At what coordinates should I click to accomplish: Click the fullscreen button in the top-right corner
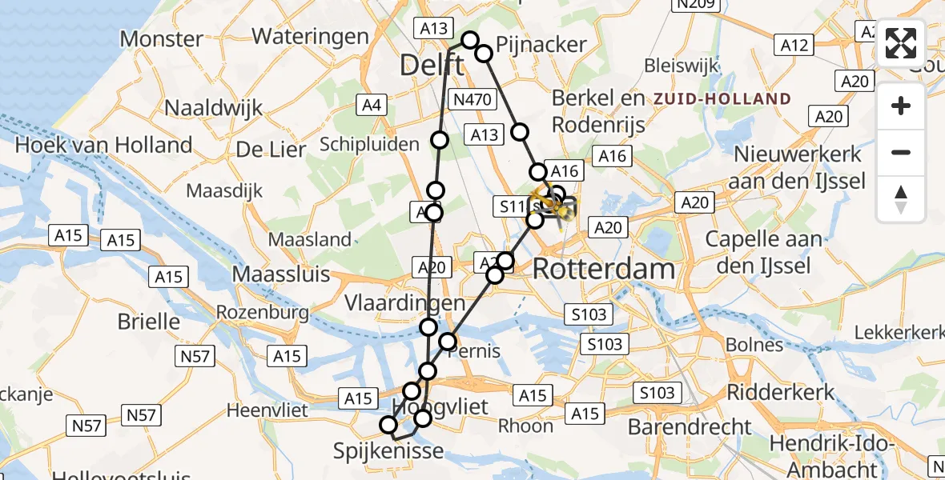[x=902, y=44]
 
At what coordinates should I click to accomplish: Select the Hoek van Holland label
[x=104, y=145]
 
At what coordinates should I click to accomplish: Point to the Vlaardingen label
[x=405, y=303]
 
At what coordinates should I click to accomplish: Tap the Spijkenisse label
[x=388, y=452]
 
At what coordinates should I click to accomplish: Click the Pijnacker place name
[x=541, y=44]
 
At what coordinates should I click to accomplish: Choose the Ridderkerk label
[x=781, y=393]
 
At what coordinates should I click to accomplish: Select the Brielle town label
[x=148, y=322]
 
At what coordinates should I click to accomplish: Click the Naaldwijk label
[x=214, y=108]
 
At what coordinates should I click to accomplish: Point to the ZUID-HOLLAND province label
[x=722, y=99]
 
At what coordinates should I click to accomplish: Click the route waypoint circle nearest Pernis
[x=448, y=342]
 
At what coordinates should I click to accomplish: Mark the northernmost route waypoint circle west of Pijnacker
[x=470, y=40]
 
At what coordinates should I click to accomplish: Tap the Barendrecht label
[x=690, y=426]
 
